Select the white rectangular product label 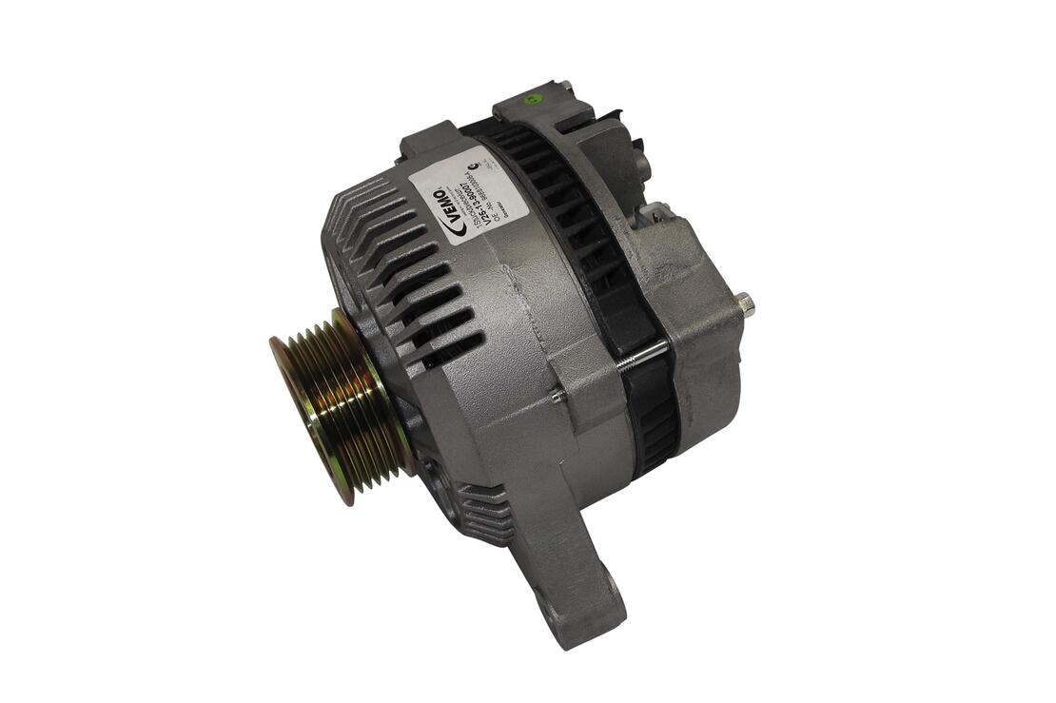458,194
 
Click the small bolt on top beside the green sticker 567,88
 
